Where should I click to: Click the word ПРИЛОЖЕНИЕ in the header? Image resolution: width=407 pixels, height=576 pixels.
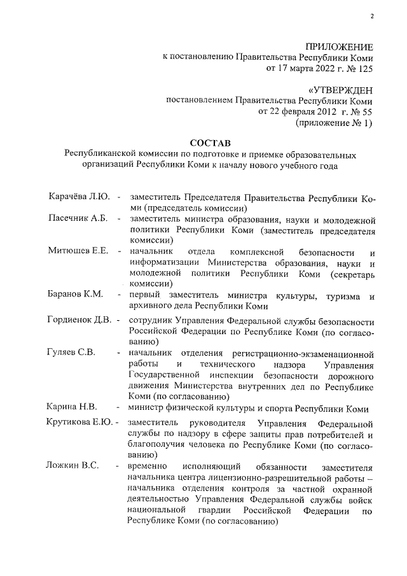[339, 47]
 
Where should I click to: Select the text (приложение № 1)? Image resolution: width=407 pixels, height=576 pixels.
[335, 122]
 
